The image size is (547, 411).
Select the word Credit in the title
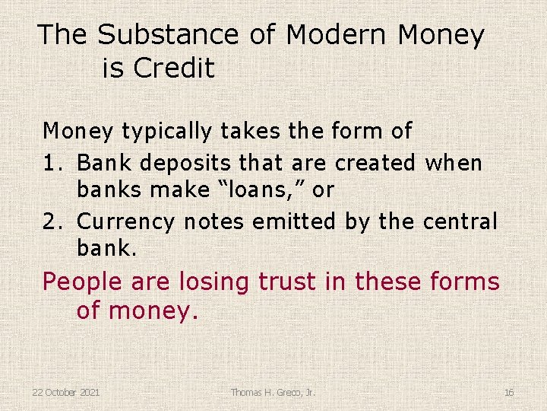tap(174, 68)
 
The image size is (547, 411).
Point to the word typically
tap(164, 132)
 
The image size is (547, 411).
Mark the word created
tap(374, 163)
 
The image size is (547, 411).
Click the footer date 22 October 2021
tap(65, 392)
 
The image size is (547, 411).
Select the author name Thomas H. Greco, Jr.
tap(273, 392)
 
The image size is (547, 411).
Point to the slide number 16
tap(508, 392)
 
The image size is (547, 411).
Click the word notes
tap(212, 221)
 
